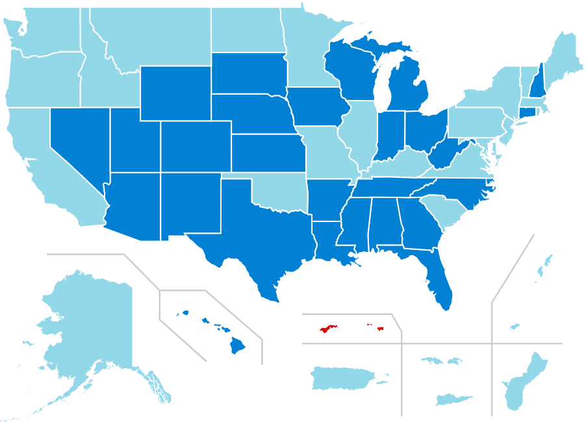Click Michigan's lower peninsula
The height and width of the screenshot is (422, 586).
pyautogui.click(x=409, y=88)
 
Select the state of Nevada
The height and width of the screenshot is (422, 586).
pyautogui.click(x=78, y=143)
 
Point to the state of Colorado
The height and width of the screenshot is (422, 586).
pyautogui.click(x=195, y=146)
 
